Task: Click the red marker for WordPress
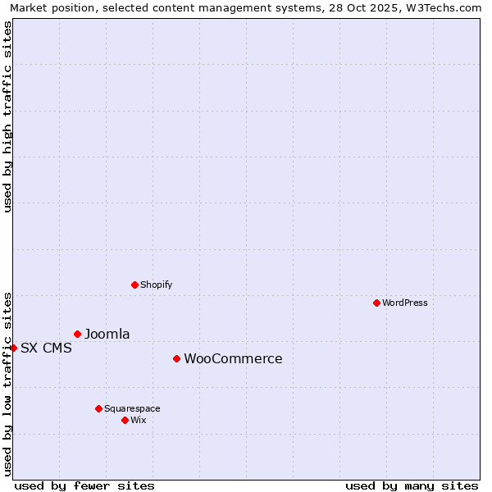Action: pyautogui.click(x=376, y=303)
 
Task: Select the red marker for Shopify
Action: pyautogui.click(x=134, y=285)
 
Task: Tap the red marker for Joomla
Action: pyautogui.click(x=77, y=334)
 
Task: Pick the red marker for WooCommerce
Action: pyautogui.click(x=176, y=358)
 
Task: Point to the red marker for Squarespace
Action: pyautogui.click(x=98, y=408)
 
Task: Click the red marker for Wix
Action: pyautogui.click(x=125, y=420)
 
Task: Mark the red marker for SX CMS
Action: pyautogui.click(x=13, y=348)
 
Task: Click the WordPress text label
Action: pyautogui.click(x=405, y=303)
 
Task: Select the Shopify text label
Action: pyautogui.click(x=157, y=285)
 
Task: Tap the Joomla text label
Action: pyautogui.click(x=107, y=334)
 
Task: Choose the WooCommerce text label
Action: pyautogui.click(x=233, y=358)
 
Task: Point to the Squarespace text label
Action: pyautogui.click(x=132, y=408)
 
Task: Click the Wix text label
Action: pyautogui.click(x=139, y=420)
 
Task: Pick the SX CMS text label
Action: pyautogui.click(x=46, y=348)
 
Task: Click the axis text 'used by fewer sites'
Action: pyautogui.click(x=84, y=485)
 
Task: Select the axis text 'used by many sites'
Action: pyautogui.click(x=412, y=485)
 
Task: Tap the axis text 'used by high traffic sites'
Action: pyautogui.click(x=7, y=116)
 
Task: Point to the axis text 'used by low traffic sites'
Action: pyautogui.click(x=7, y=383)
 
